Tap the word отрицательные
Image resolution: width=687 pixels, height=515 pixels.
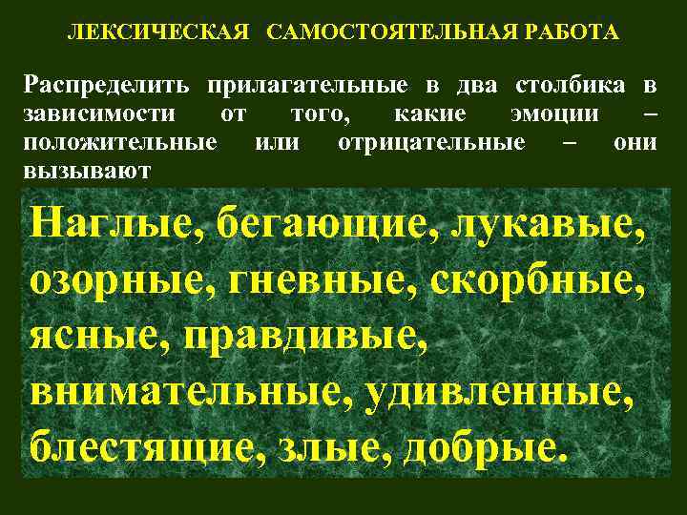pyautogui.click(x=431, y=143)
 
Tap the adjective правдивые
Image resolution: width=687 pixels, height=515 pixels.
pyautogui.click(x=318, y=336)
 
